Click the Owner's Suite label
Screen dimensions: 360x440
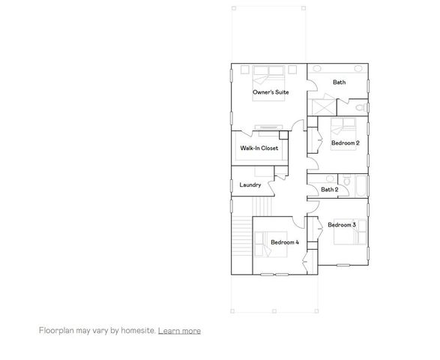click(271, 92)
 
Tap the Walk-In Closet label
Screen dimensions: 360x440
click(259, 148)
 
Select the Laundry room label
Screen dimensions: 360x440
click(250, 185)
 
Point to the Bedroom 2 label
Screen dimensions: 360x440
click(346, 142)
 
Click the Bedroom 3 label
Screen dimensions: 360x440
click(342, 224)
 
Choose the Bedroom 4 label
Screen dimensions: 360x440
click(285, 242)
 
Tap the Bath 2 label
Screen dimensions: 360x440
click(330, 190)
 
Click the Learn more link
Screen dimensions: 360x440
click(179, 330)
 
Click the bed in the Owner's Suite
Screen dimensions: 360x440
click(268, 75)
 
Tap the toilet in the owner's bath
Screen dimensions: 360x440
click(362, 109)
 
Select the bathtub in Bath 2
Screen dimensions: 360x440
click(359, 185)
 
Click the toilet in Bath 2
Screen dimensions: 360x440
click(347, 180)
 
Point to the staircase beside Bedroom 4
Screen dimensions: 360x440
click(241, 240)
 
